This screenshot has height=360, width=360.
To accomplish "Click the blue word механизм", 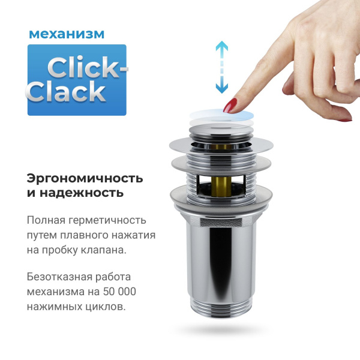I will (66, 33).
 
